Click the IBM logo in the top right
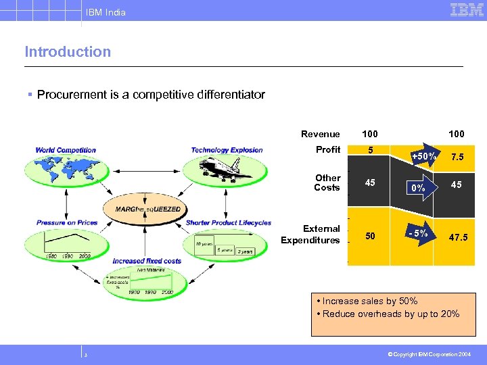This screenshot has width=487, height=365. pyautogui.click(x=467, y=9)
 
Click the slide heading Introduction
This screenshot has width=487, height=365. pyautogui.click(x=68, y=52)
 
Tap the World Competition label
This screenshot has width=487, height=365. pyautogui.click(x=66, y=150)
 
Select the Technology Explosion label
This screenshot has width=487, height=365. pyautogui.click(x=227, y=150)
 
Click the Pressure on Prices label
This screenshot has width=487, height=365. pyautogui.click(x=66, y=222)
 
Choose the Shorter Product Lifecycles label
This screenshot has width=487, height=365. pyautogui.click(x=228, y=222)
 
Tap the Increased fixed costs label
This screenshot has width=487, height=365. pyautogui.click(x=147, y=261)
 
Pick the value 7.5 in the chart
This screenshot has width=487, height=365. pyautogui.click(x=457, y=157)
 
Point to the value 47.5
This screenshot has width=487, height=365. pyautogui.click(x=457, y=238)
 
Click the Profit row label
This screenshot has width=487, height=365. pyautogui.click(x=328, y=149)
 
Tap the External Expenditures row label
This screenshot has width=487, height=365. pyautogui.click(x=311, y=235)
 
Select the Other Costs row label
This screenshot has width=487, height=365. pyautogui.click(x=327, y=182)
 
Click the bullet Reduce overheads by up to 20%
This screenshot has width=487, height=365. pyautogui.click(x=387, y=314)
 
